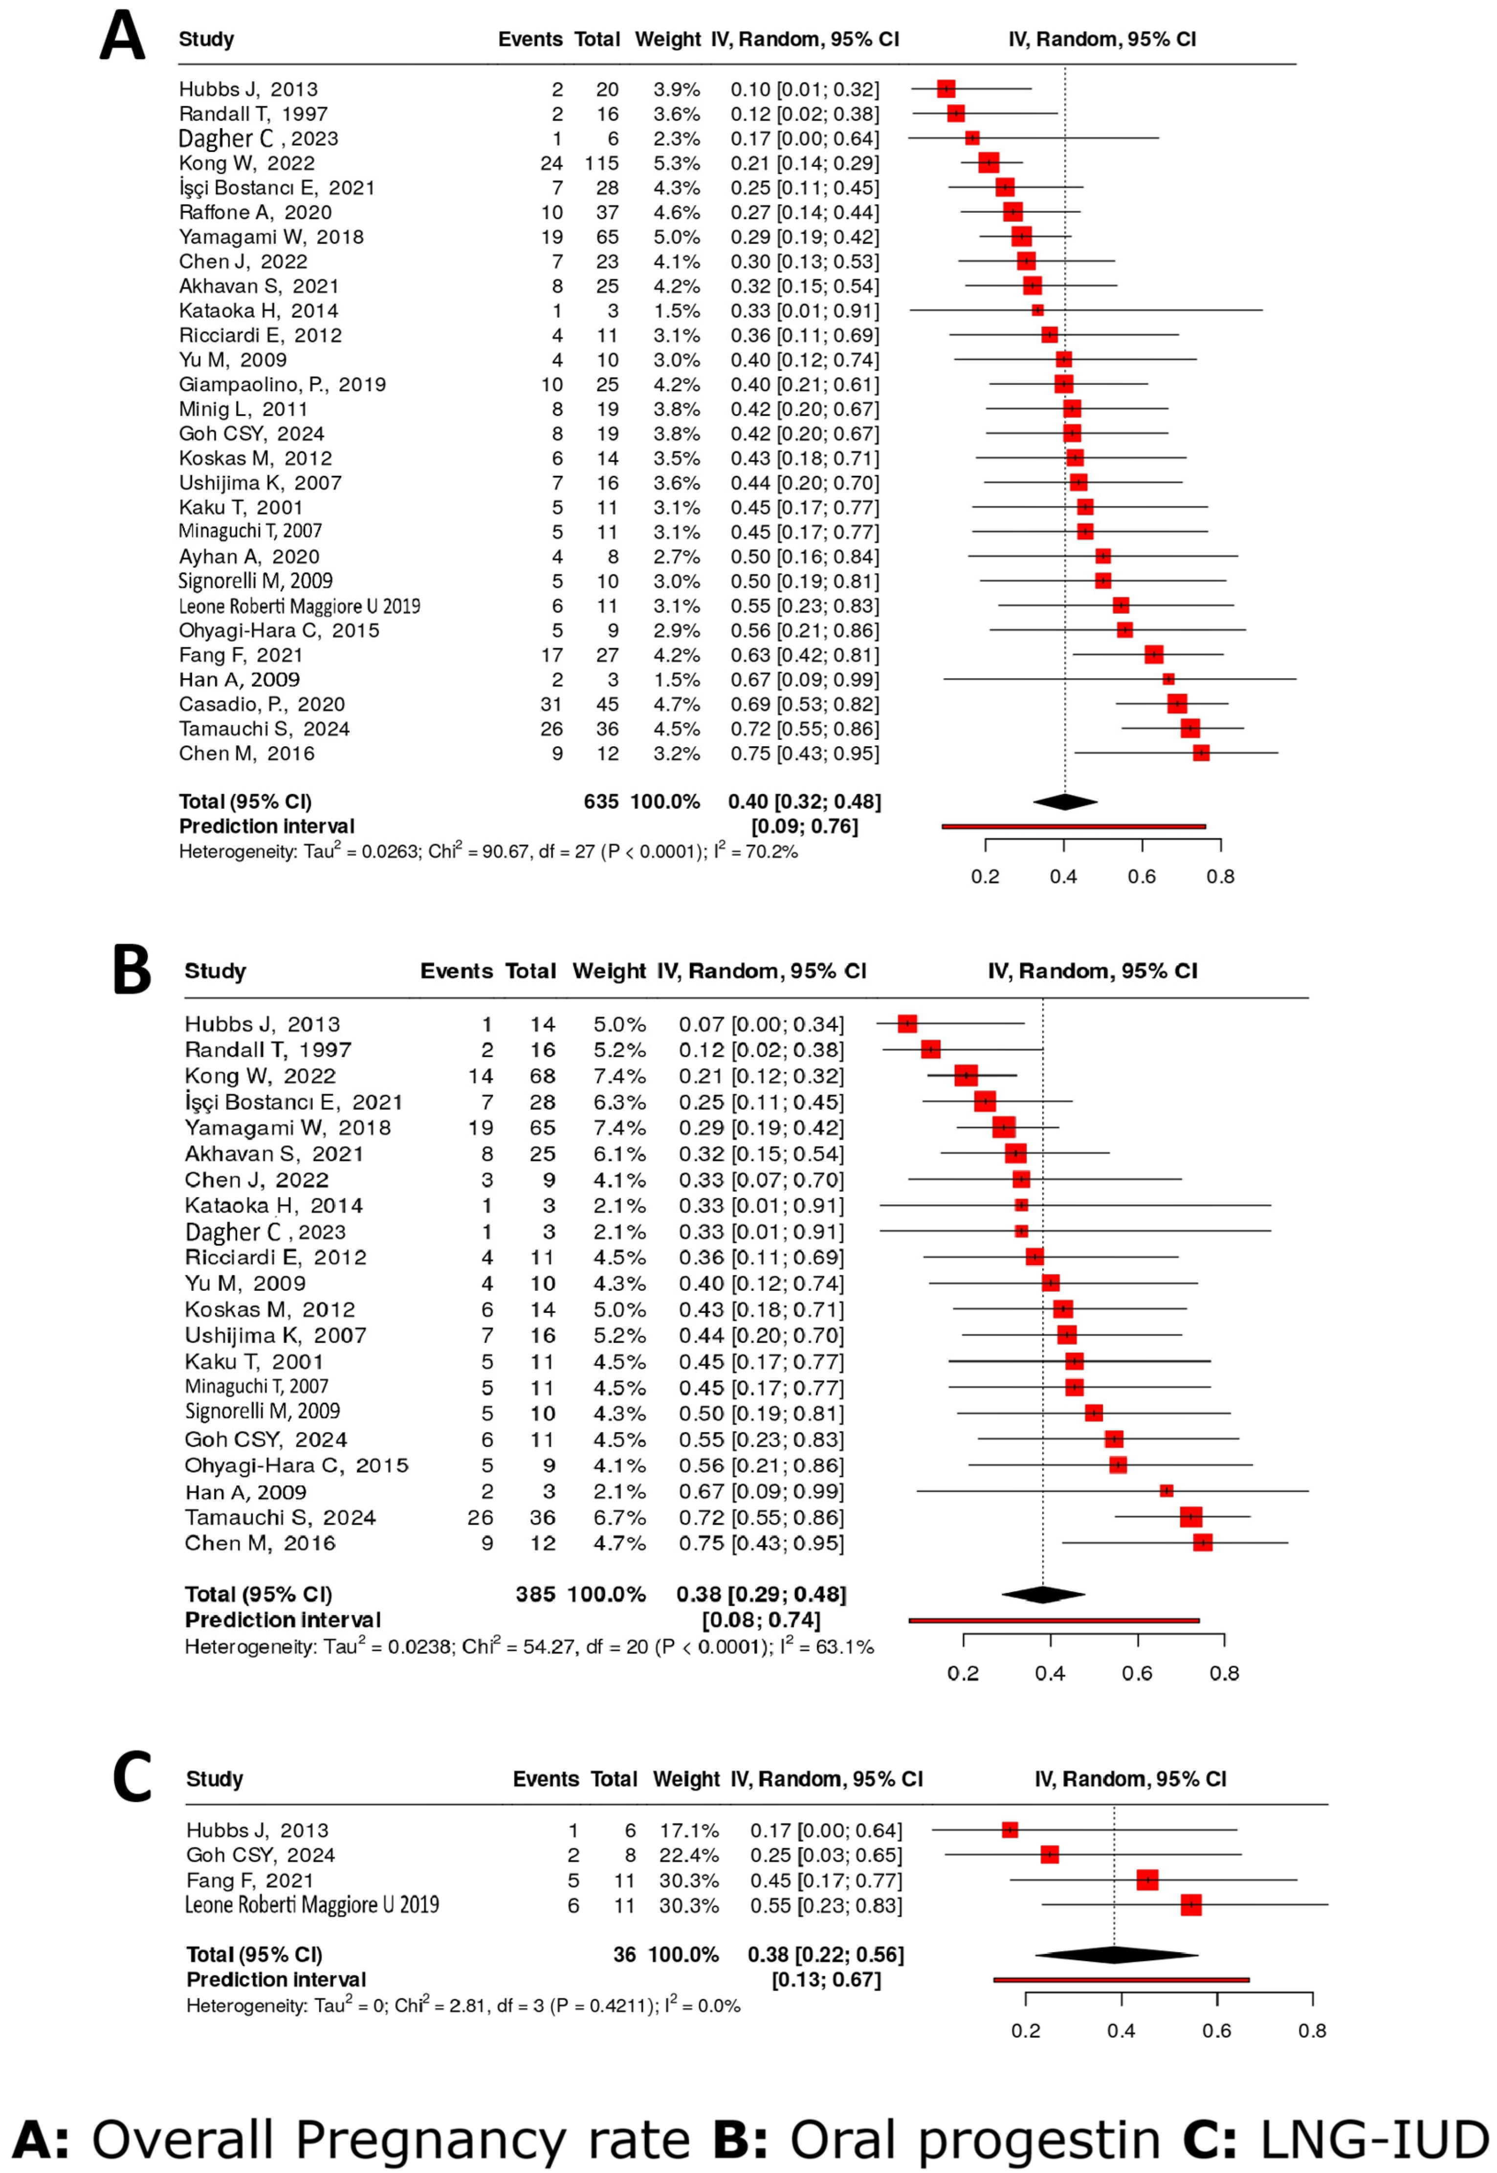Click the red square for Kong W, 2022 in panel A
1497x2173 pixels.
[989, 163]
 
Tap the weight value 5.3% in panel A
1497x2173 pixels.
[676, 163]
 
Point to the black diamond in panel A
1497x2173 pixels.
[1065, 802]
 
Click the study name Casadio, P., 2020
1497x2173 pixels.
[262, 704]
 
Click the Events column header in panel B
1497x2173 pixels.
[456, 972]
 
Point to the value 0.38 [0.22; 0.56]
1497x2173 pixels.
[825, 1954]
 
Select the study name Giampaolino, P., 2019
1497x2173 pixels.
[282, 384]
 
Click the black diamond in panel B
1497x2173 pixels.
[1043, 1595]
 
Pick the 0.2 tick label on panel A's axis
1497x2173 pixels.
[985, 877]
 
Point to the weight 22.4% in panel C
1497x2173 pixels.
[686, 1855]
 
